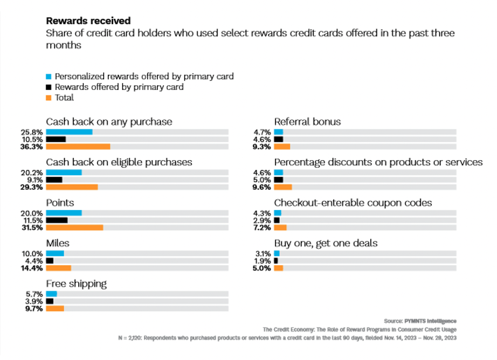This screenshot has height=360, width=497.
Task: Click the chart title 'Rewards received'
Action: pyautogui.click(x=88, y=21)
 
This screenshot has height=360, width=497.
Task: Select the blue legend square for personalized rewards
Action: pyautogui.click(x=49, y=77)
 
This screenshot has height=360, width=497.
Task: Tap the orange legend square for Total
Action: pyautogui.click(x=49, y=98)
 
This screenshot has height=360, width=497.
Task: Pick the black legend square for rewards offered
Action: pyautogui.click(x=49, y=87)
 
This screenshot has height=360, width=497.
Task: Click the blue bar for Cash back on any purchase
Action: pyautogui.click(x=69, y=131)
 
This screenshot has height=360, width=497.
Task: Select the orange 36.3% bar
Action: pyautogui.click(x=78, y=147)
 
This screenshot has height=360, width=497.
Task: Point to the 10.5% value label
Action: pyautogui.click(x=34, y=139)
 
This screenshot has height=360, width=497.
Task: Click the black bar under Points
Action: pyautogui.click(x=57, y=220)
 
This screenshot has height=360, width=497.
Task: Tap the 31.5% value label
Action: pyautogui.click(x=34, y=227)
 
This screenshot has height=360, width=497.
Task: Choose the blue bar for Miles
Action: pyautogui.click(x=55, y=253)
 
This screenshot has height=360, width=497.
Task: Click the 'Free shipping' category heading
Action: pyautogui.click(x=76, y=284)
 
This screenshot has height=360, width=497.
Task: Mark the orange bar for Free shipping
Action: pyautogui.click(x=55, y=308)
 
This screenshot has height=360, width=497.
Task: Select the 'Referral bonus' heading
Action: pyautogui.click(x=307, y=122)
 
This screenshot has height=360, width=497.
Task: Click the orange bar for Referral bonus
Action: pyautogui.click(x=282, y=147)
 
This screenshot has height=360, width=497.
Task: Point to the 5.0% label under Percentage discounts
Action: pyautogui.click(x=264, y=179)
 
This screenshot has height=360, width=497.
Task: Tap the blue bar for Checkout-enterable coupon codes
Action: pyautogui.click(x=278, y=213)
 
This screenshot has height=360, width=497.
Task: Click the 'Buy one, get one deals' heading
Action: pyautogui.click(x=326, y=244)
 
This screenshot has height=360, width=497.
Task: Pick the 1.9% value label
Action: pyautogui.click(x=264, y=261)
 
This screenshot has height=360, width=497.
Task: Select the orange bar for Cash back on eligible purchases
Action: pyautogui.click(x=72, y=187)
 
